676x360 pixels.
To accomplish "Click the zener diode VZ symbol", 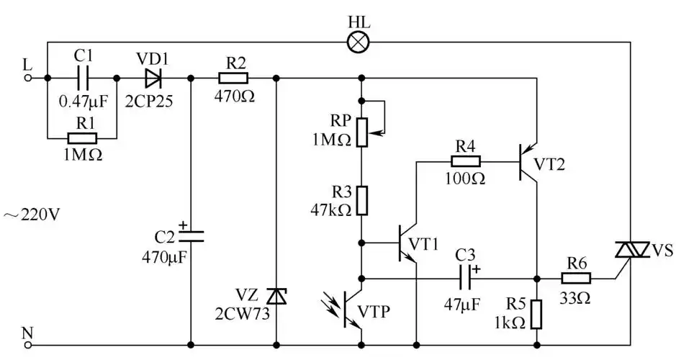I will pos(276,295).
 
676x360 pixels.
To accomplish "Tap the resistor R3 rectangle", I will pos(362,201).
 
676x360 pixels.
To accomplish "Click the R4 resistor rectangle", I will pos(467,161).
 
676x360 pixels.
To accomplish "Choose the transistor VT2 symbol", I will pos(531,161).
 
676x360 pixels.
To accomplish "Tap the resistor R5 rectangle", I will pos(536,315).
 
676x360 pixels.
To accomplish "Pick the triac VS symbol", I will pos(630,251).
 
